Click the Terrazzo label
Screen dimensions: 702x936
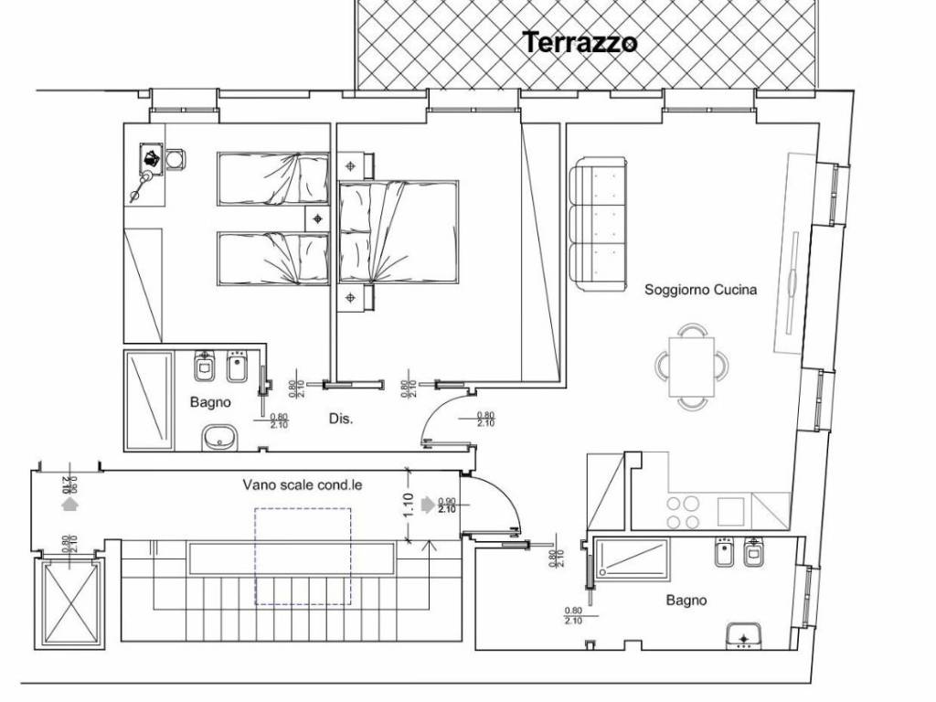pyautogui.click(x=579, y=42)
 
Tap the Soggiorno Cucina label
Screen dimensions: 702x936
pyautogui.click(x=700, y=290)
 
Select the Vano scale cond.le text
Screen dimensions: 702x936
pyautogui.click(x=302, y=485)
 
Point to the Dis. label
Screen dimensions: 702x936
pyautogui.click(x=341, y=419)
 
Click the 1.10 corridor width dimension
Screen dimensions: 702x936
pyautogui.click(x=409, y=505)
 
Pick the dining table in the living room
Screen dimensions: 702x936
pyautogui.click(x=692, y=367)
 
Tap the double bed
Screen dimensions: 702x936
pyautogui.click(x=399, y=232)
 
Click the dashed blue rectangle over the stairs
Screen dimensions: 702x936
pyautogui.click(x=303, y=556)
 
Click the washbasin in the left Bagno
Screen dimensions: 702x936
pyautogui.click(x=218, y=438)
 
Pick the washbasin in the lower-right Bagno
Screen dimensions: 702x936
pyautogui.click(x=744, y=635)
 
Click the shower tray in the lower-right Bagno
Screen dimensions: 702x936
pyautogui.click(x=633, y=558)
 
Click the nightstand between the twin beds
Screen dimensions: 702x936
pyautogui.click(x=316, y=218)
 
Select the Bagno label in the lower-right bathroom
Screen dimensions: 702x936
pyautogui.click(x=686, y=601)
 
